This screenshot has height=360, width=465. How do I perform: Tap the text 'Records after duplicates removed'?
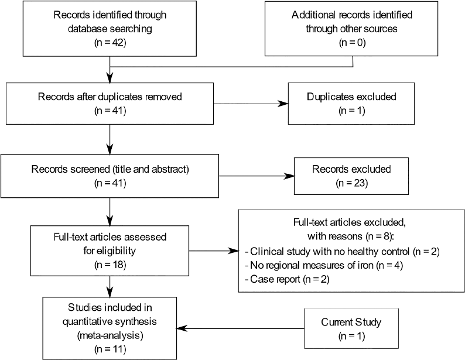click(x=110, y=97)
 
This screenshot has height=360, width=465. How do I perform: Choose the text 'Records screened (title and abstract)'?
click(x=110, y=170)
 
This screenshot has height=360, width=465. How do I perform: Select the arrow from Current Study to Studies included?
click(x=240, y=328)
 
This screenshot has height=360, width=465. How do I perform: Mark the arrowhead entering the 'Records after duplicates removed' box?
click(x=110, y=79)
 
